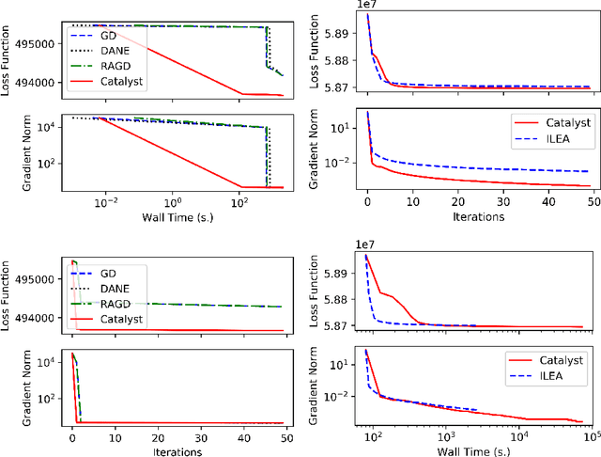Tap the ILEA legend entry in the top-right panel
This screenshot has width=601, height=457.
[558, 138]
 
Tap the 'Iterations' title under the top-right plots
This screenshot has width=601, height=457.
[477, 217]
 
